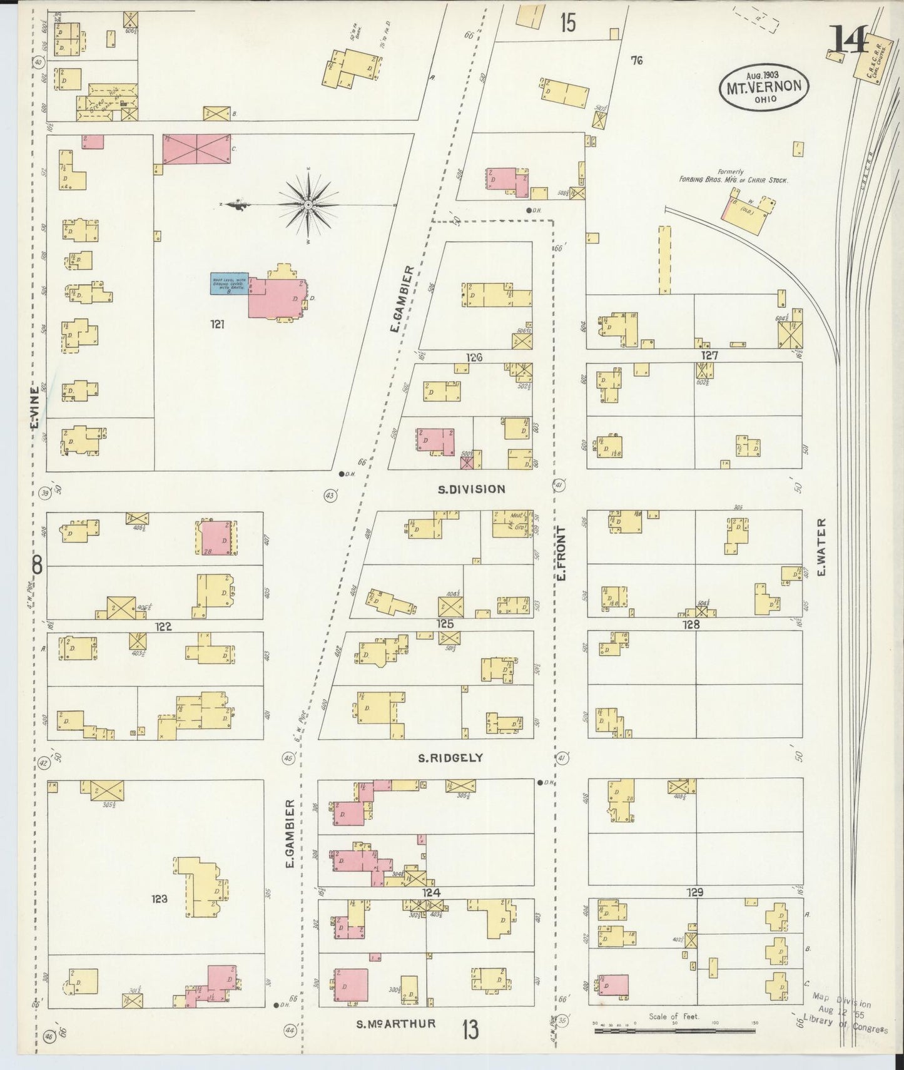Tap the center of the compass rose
(308, 205)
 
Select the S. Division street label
(471, 489)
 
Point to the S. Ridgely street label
(450, 758)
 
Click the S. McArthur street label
(395, 1024)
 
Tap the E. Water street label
(821, 548)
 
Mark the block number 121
(217, 324)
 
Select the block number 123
(159, 899)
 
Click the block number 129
(694, 892)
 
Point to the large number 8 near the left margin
(37, 566)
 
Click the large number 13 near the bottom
(470, 1029)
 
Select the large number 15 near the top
(567, 23)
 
